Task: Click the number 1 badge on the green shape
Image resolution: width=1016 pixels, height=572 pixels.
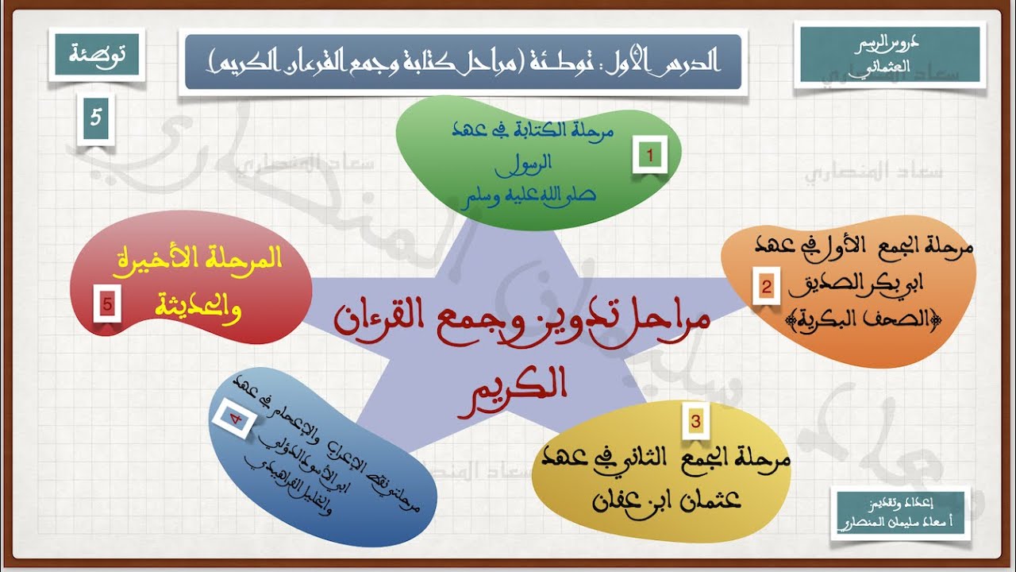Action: [650, 157]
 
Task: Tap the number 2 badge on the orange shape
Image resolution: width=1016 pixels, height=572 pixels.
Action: [766, 287]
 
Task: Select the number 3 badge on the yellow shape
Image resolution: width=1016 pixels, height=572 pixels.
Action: [695, 422]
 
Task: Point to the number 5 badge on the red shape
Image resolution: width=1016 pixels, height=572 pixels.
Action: [107, 304]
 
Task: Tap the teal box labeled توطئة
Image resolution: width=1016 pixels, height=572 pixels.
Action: [95, 55]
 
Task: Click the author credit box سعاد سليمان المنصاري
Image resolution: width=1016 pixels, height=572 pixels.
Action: [899, 515]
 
